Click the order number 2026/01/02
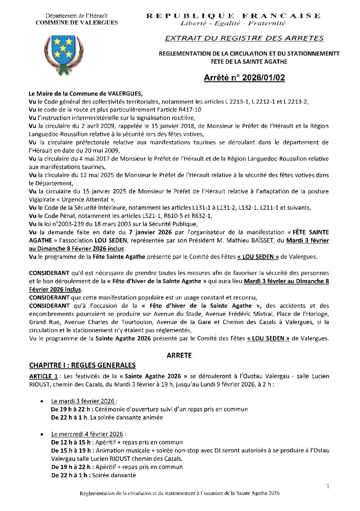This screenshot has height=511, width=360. pyautogui.click(x=263, y=78)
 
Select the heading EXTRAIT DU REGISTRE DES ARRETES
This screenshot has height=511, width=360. pyautogui.click(x=244, y=39)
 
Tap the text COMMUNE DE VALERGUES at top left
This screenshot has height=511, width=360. pyautogui.click(x=77, y=23)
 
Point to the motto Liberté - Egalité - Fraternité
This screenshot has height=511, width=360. pyautogui.click(x=233, y=23)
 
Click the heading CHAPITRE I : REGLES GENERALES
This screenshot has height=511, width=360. pyautogui.click(x=82, y=365)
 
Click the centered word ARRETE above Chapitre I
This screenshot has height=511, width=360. pyautogui.click(x=179, y=355)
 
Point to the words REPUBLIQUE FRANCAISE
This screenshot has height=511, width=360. pyautogui.click(x=233, y=16)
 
